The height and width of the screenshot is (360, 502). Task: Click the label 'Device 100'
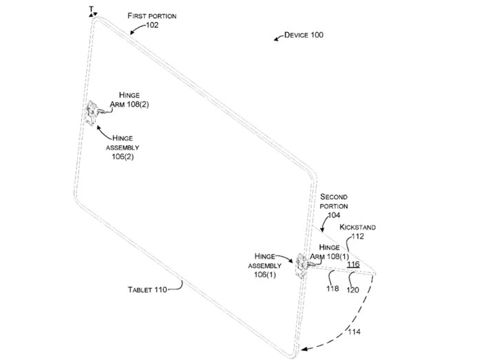pyautogui.click(x=303, y=34)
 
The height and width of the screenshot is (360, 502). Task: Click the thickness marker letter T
pyautogui.click(x=90, y=8)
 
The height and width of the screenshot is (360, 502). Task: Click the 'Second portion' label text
pyautogui.click(x=334, y=201)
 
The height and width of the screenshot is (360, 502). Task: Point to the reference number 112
pyautogui.click(x=357, y=236)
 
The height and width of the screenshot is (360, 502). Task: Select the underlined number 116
pyautogui.click(x=353, y=265)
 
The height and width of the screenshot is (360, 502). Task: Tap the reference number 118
pyautogui.click(x=332, y=288)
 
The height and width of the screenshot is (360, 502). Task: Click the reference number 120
pyautogui.click(x=352, y=289)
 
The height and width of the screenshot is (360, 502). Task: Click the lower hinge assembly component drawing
pyautogui.click(x=301, y=265)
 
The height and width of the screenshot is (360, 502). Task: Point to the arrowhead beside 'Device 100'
pyautogui.click(x=278, y=37)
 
